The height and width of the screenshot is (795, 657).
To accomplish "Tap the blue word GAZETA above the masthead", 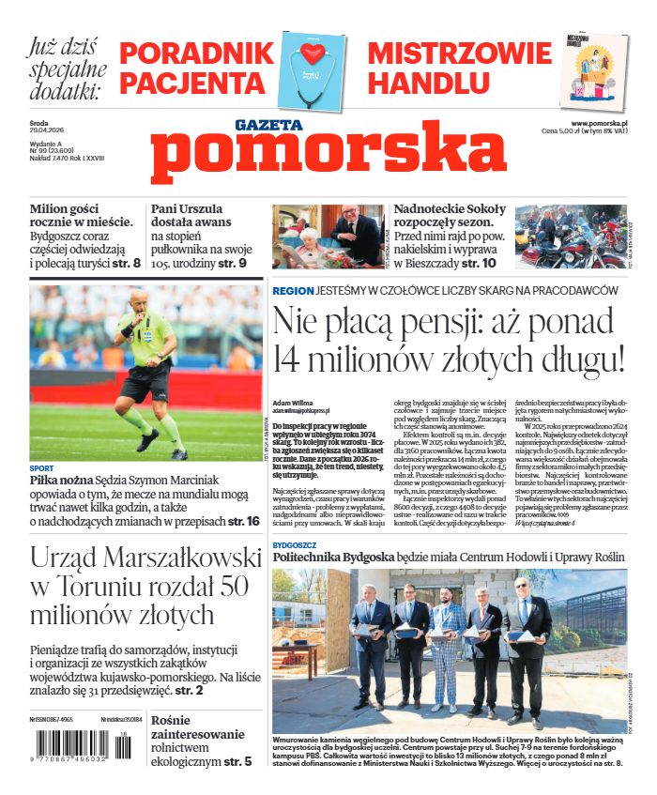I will point(268,125).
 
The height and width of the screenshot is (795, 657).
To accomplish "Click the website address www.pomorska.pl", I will point(599,123).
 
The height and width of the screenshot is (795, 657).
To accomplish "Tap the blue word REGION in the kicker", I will point(293,291).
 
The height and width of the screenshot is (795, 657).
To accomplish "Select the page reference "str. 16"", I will point(241,520).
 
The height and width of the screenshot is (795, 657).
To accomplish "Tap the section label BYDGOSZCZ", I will point(294,543).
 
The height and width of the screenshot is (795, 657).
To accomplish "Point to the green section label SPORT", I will point(41,467).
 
